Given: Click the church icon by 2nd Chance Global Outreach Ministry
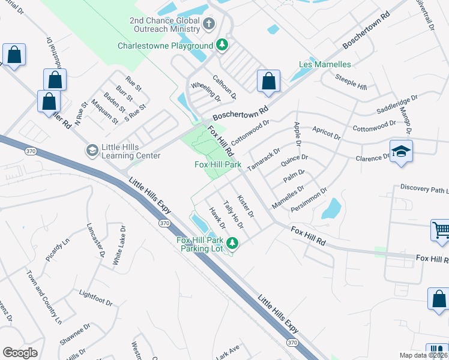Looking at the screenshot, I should pos(209,25).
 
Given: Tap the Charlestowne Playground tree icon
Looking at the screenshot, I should pos(222,45).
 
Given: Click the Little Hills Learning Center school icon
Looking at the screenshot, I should pos(92,150).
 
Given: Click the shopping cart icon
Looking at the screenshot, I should pos(441,230).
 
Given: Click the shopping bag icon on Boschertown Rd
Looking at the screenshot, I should pos(269,81).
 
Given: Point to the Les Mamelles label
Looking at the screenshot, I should pos(325,64).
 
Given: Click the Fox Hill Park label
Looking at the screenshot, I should pos(218,164).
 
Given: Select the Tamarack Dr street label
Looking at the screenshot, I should pos(264,160).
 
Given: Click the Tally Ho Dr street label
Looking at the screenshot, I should pos(233,215).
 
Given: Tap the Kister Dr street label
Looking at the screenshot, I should pos(246,205).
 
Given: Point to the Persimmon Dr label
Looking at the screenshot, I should pos(309,200).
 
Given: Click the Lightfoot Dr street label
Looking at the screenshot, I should pos(95,296).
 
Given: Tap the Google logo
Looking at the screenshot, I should pos(20,353).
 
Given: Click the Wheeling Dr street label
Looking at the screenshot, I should pos(206,92).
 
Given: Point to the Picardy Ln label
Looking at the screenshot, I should pos(58,249).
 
